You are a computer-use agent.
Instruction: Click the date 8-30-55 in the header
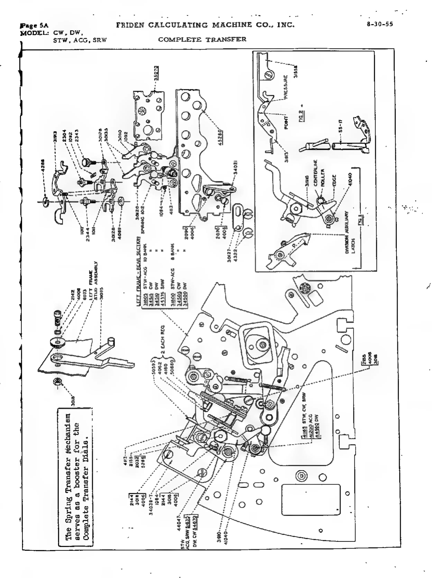380,24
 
